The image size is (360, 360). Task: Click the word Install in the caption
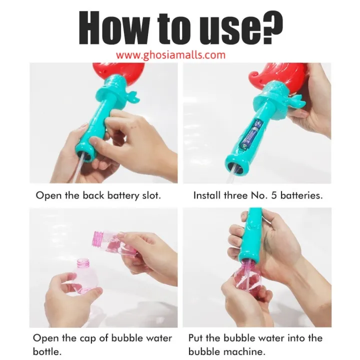(x=207, y=195)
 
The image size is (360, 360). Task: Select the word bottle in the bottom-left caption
(x=47, y=351)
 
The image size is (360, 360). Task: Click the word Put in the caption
(x=197, y=338)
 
